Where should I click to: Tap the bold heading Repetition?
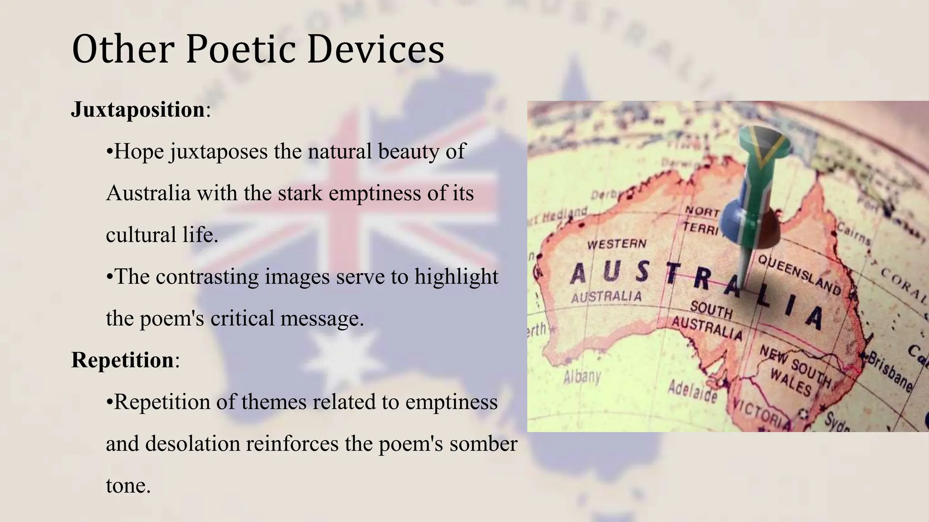[122, 360]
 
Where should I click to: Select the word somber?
[483, 444]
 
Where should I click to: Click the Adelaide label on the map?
[692, 391]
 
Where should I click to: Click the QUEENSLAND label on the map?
[799, 275]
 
